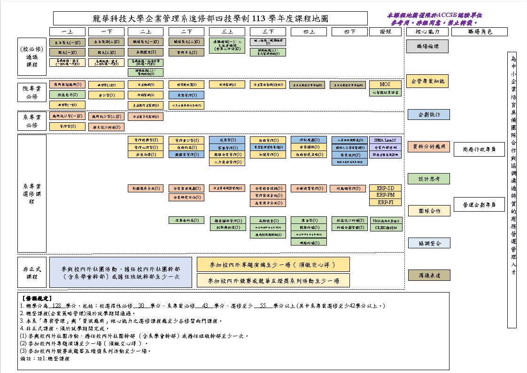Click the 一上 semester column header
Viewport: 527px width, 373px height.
67,32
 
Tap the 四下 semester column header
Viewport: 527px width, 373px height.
349,32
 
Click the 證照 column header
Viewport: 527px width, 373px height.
385,32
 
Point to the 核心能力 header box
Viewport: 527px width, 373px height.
427,32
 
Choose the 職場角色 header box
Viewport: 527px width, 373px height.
473,32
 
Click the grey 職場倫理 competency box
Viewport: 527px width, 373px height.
427,46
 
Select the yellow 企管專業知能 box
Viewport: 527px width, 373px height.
427,81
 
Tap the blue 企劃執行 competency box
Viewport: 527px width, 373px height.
427,115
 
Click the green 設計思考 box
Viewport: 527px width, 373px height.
427,179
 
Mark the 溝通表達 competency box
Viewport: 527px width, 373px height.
427,275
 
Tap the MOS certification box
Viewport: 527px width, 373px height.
385,84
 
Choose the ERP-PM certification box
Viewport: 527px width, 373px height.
385,195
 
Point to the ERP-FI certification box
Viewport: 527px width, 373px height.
385,202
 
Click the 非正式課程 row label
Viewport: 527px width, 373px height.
32,273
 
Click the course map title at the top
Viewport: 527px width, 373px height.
210,19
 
